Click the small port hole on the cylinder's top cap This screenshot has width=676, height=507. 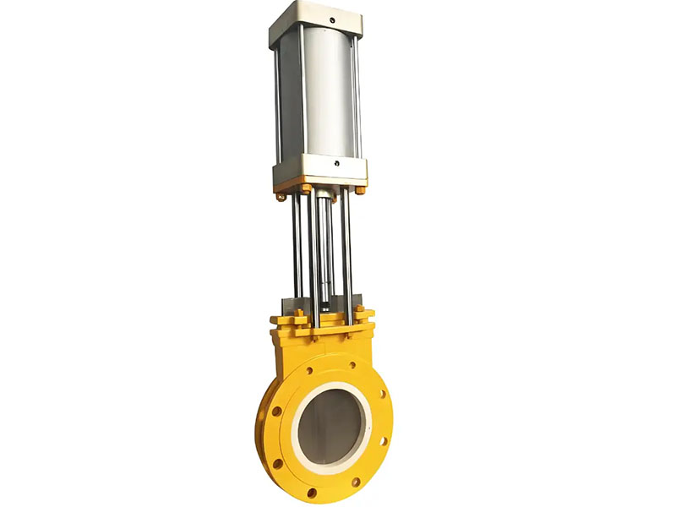coord(332,19)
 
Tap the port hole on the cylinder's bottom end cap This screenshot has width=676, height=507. coord(336,164)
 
